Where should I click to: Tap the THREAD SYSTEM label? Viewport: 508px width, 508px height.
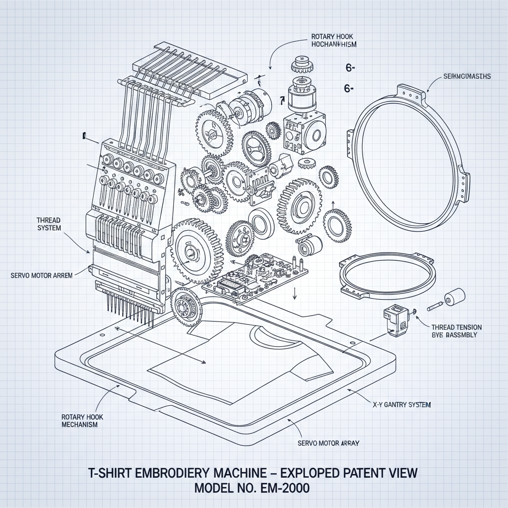tap(49, 224)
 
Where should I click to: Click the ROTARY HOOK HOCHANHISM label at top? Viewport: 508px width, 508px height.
tap(334, 40)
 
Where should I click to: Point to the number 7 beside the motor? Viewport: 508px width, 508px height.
tap(282, 101)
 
